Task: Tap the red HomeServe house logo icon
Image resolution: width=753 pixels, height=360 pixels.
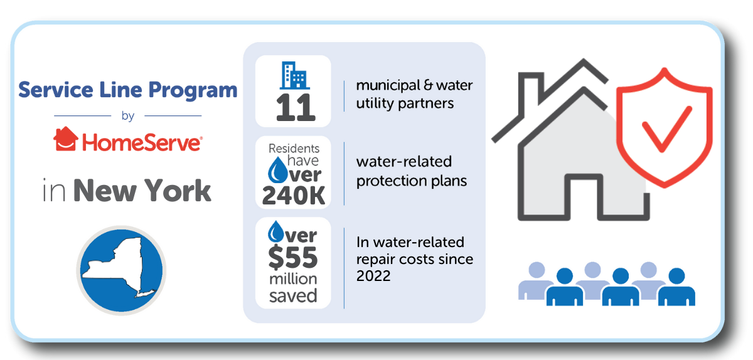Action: click(x=66, y=139)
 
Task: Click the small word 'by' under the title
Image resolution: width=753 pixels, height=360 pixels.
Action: click(x=128, y=116)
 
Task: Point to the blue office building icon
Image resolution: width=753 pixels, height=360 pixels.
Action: click(x=294, y=75)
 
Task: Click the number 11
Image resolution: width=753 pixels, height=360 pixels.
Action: click(x=296, y=108)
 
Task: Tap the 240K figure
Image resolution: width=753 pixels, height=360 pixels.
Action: click(x=294, y=196)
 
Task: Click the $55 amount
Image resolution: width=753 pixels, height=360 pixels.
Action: click(x=293, y=258)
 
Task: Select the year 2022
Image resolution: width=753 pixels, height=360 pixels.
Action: click(x=373, y=277)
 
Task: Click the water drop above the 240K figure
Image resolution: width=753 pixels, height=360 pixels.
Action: click(x=277, y=170)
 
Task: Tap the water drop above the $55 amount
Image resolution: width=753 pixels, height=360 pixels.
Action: click(x=276, y=231)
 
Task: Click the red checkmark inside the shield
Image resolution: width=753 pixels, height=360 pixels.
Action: click(x=667, y=129)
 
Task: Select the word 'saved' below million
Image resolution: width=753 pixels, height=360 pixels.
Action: click(x=293, y=296)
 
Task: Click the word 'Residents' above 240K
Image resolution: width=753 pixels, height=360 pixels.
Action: click(x=294, y=148)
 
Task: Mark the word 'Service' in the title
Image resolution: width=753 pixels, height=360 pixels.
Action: click(x=55, y=90)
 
